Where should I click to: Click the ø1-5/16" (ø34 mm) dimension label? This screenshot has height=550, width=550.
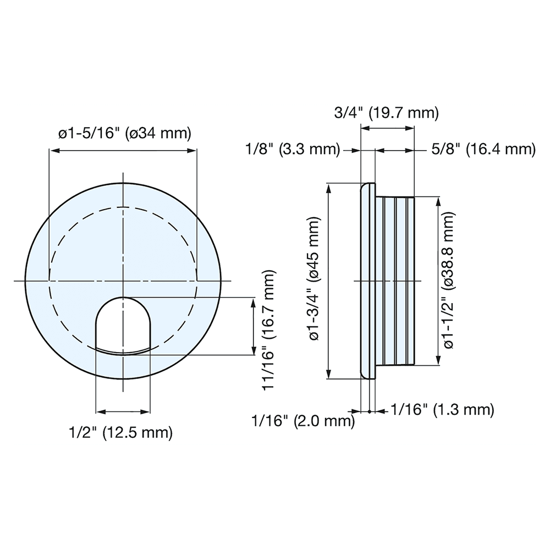click(x=124, y=134)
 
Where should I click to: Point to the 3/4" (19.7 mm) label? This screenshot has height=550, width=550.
click(x=387, y=113)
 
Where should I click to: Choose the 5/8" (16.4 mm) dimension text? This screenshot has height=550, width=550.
click(x=482, y=150)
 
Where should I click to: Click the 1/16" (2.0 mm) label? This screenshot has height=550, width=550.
click(x=302, y=422)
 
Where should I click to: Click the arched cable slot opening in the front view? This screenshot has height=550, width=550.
click(x=123, y=324)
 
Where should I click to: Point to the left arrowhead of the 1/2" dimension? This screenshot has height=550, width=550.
click(x=100, y=411)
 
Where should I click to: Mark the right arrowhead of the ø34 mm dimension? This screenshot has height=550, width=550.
click(x=193, y=150)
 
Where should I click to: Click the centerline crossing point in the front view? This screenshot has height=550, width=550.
click(x=123, y=281)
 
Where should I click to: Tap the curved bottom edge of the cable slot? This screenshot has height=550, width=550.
click(x=123, y=351)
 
